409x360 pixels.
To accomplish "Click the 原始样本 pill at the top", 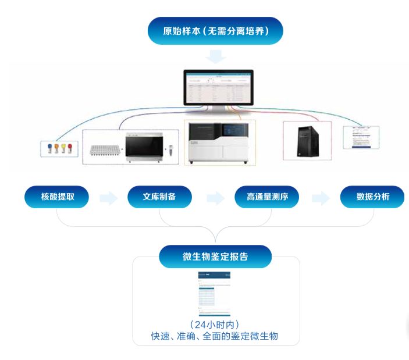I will click(x=215, y=31).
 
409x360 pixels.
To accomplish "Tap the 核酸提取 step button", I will click(x=56, y=198).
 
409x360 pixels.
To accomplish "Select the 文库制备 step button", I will click(x=159, y=198).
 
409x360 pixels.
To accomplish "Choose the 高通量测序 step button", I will click(x=266, y=198).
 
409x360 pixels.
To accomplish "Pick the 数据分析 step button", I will click(x=372, y=198).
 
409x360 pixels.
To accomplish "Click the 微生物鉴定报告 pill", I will click(x=215, y=256).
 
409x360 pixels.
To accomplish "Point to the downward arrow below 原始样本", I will click(x=216, y=56).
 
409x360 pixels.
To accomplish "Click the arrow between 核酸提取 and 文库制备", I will click(x=108, y=198).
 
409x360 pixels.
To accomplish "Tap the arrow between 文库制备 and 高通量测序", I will click(x=215, y=198).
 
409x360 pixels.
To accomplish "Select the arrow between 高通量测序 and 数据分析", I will click(x=321, y=198).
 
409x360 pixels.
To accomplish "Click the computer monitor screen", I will click(x=219, y=87).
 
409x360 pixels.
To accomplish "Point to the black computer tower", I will click(x=307, y=140).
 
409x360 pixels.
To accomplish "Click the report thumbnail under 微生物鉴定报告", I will click(x=214, y=293).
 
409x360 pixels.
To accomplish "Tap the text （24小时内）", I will click(x=215, y=325).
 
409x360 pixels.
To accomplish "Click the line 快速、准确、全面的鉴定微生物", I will click(x=215, y=336).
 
